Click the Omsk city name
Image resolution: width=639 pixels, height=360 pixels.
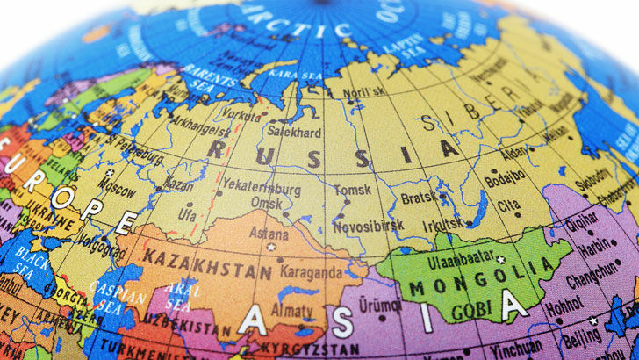click(267, 204)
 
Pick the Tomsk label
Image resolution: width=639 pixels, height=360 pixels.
click(351, 189)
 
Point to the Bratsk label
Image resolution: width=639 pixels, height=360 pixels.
click(418, 198)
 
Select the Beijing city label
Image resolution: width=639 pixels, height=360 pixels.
click(581, 335)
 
